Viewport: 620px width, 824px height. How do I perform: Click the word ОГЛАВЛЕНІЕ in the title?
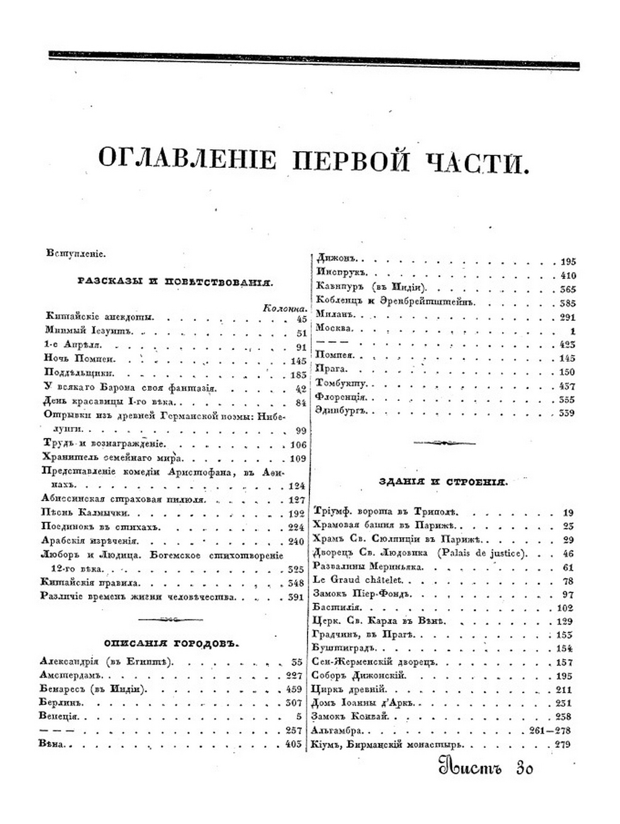point(187,160)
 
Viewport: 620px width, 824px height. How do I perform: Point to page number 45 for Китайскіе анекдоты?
point(301,318)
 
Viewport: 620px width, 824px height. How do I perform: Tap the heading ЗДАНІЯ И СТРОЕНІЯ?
point(444,481)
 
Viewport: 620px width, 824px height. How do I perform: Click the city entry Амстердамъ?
point(74,675)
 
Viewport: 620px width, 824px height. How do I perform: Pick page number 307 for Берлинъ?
point(293,703)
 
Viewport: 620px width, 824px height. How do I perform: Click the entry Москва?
point(334,328)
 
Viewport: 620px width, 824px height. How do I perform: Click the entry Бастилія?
point(337,608)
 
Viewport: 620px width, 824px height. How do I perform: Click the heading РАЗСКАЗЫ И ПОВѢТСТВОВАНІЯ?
point(175,282)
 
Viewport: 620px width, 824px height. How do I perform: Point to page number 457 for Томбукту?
point(567,385)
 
